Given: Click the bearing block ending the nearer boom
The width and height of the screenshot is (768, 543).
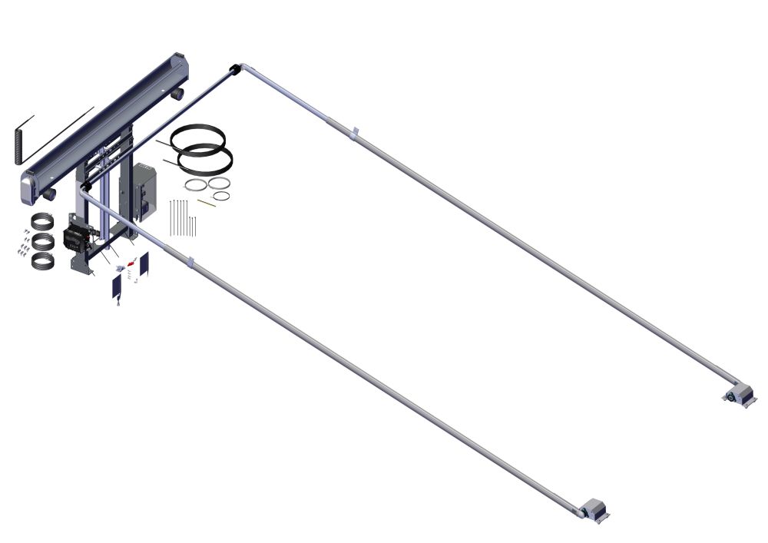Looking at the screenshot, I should (x=593, y=509).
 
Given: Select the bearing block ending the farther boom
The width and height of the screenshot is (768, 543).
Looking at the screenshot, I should (x=739, y=395).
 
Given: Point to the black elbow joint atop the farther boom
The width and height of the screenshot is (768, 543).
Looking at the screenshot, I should (x=232, y=71).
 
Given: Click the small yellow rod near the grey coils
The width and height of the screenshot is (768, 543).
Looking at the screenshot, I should (x=206, y=203).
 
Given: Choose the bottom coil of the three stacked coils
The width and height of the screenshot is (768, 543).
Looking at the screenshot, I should (x=43, y=259).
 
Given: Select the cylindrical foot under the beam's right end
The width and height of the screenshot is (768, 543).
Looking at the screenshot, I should (x=178, y=93).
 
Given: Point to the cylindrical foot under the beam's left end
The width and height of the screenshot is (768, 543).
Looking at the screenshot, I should (x=50, y=195).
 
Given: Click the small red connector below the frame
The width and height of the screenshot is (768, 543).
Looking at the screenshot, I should (x=131, y=264).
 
